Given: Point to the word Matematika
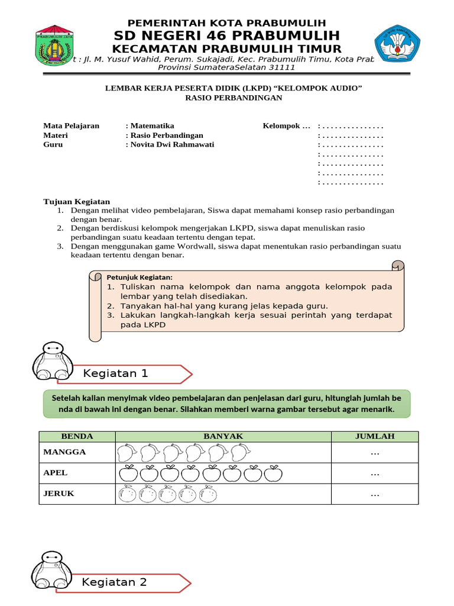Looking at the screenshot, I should tap(152, 125).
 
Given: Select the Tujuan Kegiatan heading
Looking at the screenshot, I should tap(77, 202).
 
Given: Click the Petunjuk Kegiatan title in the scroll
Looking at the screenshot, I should tap(140, 277).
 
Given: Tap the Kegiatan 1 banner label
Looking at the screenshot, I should tap(116, 373).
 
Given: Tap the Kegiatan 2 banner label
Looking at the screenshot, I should tap(115, 582).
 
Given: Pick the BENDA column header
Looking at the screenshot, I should tap(77, 436).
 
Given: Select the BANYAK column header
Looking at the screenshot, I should tap(223, 436).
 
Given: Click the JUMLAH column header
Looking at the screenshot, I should tap(374, 436).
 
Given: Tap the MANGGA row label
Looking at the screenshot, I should tap(65, 452).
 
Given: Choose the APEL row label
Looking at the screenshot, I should tap(56, 473).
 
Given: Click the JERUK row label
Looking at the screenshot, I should tap(59, 494).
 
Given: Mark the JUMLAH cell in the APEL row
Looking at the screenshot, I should tap(374, 473).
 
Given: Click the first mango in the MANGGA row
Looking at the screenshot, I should tap(125, 453).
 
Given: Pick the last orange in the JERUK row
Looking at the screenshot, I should tap(208, 494).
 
